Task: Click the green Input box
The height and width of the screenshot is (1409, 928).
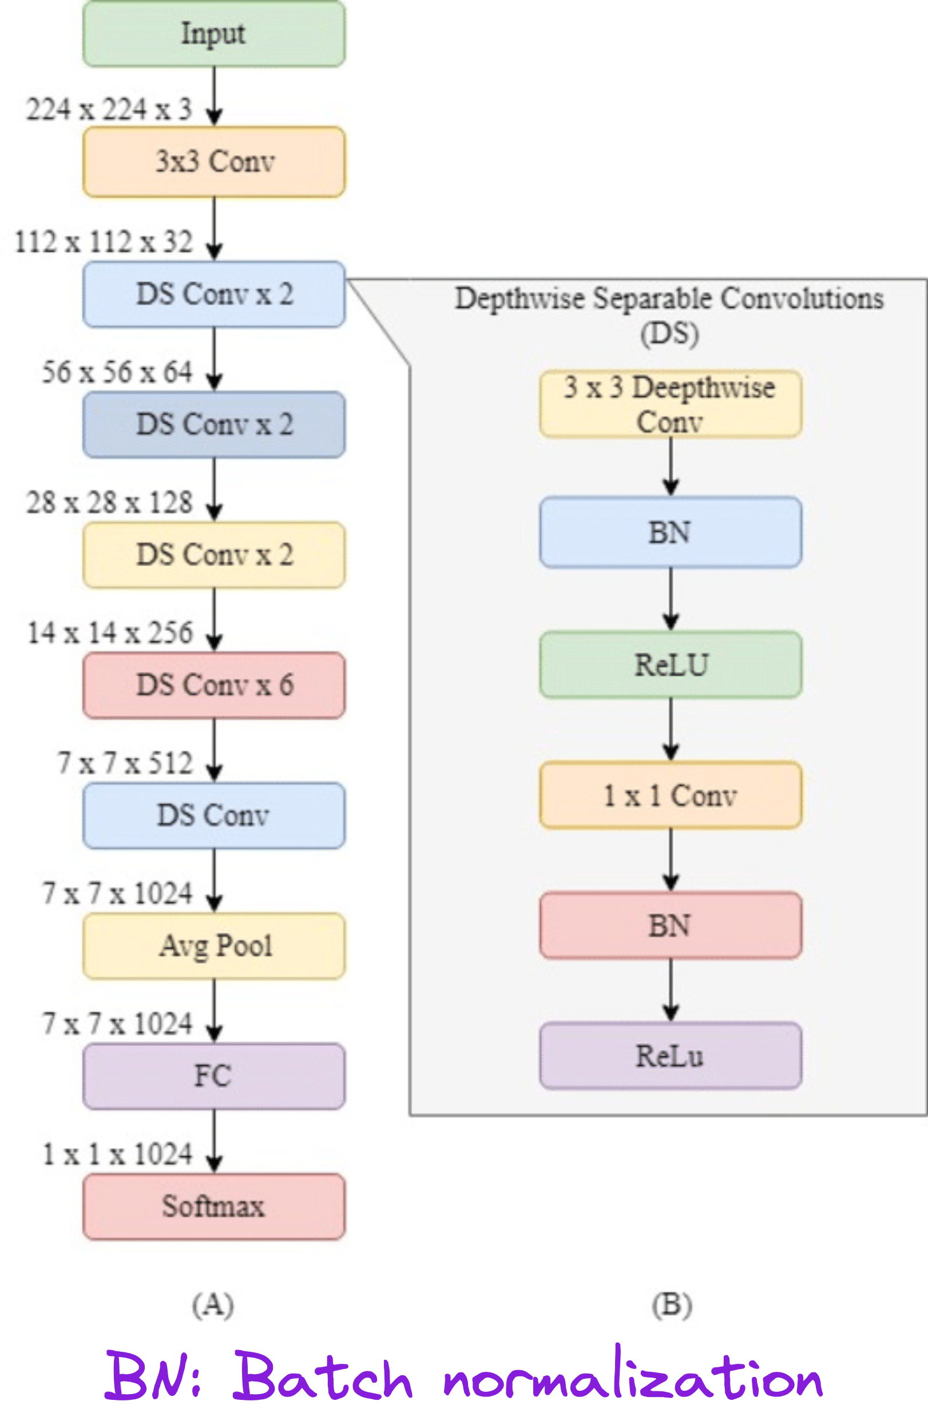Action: click(x=214, y=34)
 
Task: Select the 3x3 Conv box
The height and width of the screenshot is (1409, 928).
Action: click(x=214, y=162)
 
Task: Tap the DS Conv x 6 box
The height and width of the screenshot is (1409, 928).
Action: click(x=214, y=686)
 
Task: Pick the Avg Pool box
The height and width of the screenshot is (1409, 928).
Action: click(x=214, y=946)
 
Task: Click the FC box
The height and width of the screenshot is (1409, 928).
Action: click(x=214, y=1076)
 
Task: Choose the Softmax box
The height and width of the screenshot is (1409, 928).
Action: click(x=214, y=1207)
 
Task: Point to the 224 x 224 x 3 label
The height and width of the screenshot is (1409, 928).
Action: click(x=109, y=110)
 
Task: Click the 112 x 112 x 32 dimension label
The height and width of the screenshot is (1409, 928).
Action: click(x=104, y=242)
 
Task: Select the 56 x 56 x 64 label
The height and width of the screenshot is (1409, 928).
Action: click(x=117, y=372)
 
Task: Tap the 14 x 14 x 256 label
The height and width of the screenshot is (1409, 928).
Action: click(x=110, y=633)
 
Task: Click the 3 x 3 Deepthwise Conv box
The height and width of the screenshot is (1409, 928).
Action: click(x=671, y=404)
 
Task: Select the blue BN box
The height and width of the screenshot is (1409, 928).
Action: click(x=671, y=532)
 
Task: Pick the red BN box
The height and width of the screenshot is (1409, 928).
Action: click(x=671, y=925)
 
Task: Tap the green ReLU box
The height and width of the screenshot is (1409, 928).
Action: click(x=671, y=665)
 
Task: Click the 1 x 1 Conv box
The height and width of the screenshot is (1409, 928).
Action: click(x=671, y=795)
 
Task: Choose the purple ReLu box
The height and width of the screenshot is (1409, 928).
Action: click(x=671, y=1056)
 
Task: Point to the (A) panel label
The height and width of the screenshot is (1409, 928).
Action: click(x=213, y=1304)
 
